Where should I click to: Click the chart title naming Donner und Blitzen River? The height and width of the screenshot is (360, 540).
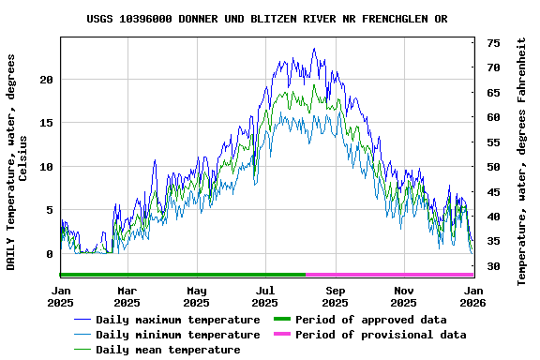[266, 19]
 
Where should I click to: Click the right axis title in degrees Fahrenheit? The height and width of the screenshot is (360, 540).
[522, 161]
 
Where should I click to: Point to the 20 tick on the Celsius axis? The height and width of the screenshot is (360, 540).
[46, 80]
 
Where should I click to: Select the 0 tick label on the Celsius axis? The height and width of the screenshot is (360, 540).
[50, 254]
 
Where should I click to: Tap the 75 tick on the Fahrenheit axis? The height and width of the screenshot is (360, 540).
[493, 43]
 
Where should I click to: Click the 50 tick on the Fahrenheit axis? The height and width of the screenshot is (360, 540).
[493, 167]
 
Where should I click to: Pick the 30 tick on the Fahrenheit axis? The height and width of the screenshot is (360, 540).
[493, 266]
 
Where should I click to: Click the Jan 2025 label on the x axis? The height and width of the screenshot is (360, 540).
[61, 296]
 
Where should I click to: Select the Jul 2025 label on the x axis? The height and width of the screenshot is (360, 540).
[266, 296]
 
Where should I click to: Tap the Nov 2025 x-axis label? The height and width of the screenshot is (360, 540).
[403, 296]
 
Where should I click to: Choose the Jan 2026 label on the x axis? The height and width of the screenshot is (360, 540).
[472, 296]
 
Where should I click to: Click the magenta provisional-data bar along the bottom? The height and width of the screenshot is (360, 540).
[389, 275]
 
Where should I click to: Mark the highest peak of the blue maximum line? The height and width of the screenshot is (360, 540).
[314, 49]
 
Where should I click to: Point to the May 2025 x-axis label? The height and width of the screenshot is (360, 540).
[196, 296]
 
